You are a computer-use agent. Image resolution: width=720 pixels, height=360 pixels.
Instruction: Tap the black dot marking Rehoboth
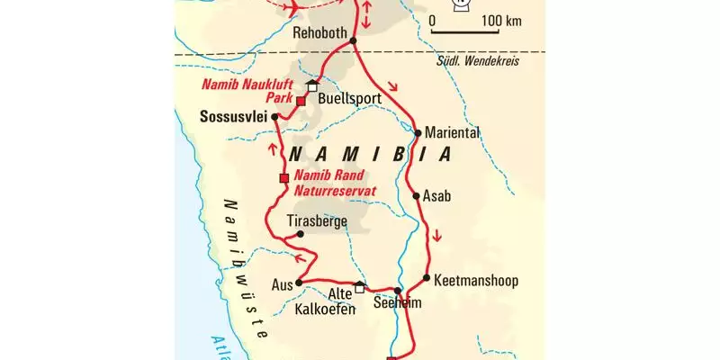point(353,40)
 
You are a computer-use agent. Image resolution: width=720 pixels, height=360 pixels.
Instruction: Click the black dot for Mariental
point(418,133)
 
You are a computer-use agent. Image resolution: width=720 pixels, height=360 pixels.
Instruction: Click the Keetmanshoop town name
point(476,280)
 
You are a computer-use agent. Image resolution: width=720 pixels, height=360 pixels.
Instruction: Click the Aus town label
point(282,284)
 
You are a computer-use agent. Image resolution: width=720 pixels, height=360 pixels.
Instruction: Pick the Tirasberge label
point(316,220)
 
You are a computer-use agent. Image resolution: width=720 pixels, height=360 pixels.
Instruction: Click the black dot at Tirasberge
point(301,234)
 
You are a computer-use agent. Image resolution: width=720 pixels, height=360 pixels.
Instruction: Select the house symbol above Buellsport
point(313,85)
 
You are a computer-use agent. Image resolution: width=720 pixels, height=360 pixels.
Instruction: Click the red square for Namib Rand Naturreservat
point(283,177)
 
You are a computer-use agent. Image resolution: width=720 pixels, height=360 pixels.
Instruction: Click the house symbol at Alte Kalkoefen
point(359,287)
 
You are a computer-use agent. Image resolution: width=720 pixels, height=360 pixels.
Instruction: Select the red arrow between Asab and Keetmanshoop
point(436,237)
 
